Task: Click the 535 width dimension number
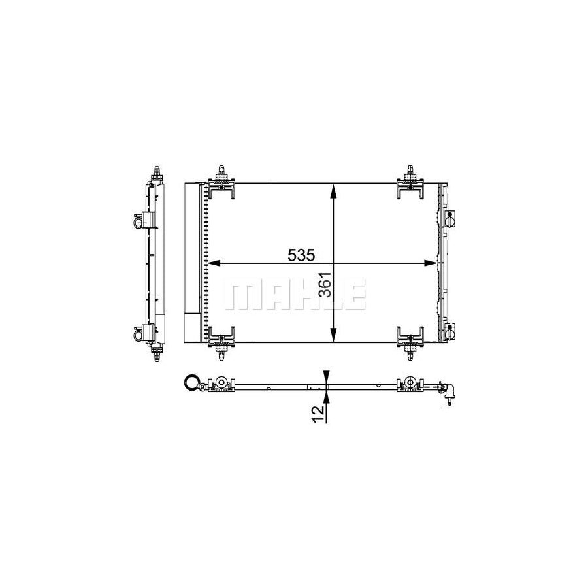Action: (x=301, y=255)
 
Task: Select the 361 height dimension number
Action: (x=326, y=285)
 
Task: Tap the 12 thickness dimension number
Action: (x=318, y=414)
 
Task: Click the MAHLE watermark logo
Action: (x=295, y=295)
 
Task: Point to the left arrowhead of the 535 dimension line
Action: (x=214, y=263)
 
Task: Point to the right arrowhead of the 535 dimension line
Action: (x=431, y=263)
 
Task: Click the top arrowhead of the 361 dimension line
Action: (x=333, y=191)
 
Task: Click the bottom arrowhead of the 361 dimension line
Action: (x=333, y=335)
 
